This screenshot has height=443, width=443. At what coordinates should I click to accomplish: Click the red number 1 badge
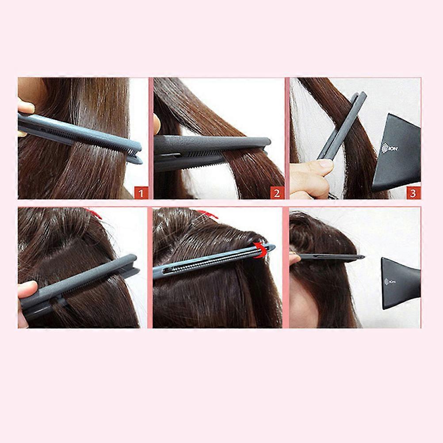pos(141,193)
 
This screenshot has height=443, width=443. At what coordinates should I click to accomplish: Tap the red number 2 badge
pos(276,193)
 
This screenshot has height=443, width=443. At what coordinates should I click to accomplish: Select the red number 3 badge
pos(413,193)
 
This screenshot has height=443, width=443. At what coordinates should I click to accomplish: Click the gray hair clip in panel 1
pos(80,137)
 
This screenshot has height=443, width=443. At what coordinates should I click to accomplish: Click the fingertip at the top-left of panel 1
pos(26,107)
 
